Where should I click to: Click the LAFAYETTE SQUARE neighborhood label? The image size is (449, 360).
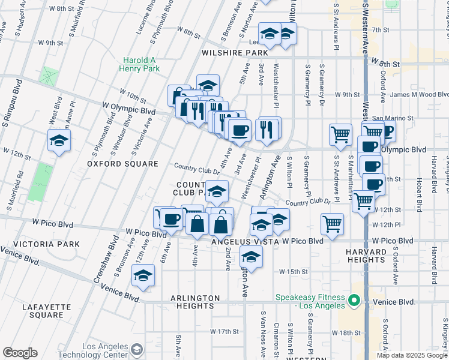pyautogui.click(x=47, y=311)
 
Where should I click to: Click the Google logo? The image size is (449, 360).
pyautogui.click(x=20, y=353)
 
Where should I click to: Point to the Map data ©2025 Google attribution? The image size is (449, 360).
pyautogui.click(x=412, y=355)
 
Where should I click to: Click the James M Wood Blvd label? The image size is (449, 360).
pyautogui.click(x=419, y=94)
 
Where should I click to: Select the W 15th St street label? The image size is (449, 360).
pyautogui.click(x=293, y=271)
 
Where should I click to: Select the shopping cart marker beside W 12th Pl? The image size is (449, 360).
pyautogui.click(x=332, y=224)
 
